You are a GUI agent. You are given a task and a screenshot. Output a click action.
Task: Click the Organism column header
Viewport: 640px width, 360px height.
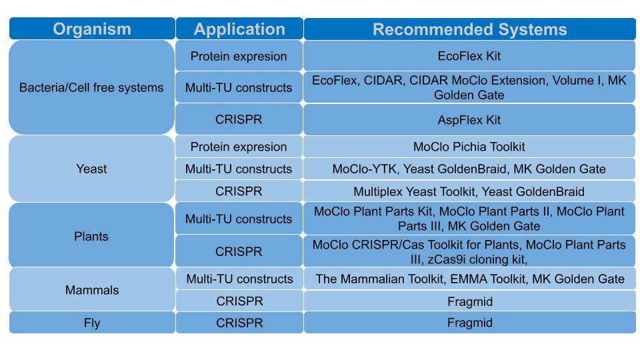pos(92,29)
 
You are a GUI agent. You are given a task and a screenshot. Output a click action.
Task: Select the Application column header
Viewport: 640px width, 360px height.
pos(239,29)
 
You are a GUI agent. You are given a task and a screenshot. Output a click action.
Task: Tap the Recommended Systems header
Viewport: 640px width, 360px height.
pos(469,29)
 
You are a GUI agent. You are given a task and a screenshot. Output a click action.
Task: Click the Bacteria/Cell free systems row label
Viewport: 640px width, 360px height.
pos(91,87)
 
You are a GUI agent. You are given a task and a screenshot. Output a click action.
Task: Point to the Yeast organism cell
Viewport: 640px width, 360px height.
pos(91,169)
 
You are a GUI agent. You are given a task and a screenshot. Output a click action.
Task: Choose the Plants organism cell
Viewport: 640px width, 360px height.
pos(91,237)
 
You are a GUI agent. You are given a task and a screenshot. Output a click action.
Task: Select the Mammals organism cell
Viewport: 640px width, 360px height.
pos(91,290)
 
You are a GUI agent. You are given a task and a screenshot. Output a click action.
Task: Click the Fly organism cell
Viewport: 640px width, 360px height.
pos(91,323)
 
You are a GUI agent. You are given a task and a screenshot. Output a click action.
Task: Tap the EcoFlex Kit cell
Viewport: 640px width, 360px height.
pos(469,56)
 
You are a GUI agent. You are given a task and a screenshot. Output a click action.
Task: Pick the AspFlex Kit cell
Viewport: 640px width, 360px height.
pos(469,120)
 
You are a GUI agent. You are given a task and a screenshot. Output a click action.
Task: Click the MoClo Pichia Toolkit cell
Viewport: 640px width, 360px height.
pos(469,147)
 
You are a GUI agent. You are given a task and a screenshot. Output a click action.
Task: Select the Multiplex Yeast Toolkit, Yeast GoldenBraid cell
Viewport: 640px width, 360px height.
pos(469,191)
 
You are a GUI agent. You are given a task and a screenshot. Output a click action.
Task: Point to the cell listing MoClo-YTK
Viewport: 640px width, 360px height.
pos(469,169)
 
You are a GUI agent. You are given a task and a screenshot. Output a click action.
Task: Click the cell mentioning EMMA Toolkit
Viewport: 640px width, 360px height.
pos(469,279)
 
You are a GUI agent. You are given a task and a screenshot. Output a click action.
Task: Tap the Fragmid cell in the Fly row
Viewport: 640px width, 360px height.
pos(469,323)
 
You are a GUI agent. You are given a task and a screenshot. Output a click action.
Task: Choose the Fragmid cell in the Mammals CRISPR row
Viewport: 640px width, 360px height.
pos(469,301)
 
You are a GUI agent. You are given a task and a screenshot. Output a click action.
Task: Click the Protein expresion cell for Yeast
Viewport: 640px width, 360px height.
pos(239,147)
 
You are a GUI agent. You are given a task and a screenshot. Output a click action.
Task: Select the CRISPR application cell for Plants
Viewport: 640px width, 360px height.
pos(239,252)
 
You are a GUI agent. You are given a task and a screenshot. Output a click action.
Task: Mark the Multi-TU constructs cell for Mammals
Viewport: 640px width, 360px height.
pos(239,279)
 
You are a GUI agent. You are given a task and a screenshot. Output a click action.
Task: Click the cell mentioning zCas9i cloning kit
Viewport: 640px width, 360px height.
pos(469,252)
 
